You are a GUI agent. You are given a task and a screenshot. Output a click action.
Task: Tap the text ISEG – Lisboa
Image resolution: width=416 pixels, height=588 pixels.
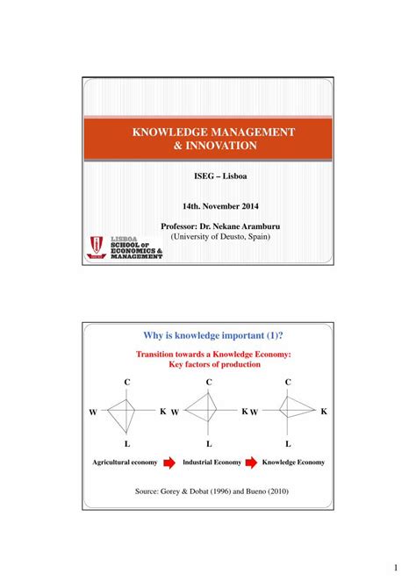click(214, 176)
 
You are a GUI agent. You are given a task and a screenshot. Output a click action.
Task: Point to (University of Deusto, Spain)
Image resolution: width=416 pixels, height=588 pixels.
click(214, 237)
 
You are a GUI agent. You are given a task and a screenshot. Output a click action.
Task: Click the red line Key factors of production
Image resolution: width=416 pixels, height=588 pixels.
click(214, 363)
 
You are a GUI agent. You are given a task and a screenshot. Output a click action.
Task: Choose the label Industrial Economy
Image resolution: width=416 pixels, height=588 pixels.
click(212, 462)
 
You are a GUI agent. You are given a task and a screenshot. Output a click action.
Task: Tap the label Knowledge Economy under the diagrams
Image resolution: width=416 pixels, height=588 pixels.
click(293, 462)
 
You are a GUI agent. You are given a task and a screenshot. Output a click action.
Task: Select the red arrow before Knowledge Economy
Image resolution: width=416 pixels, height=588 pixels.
click(252, 462)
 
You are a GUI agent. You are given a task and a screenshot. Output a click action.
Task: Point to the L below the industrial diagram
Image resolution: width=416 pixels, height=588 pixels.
click(209, 444)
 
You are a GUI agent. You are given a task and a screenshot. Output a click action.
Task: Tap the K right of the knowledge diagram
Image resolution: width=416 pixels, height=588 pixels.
click(324, 411)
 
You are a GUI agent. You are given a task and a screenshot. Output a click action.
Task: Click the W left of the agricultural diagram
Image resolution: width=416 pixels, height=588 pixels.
click(93, 412)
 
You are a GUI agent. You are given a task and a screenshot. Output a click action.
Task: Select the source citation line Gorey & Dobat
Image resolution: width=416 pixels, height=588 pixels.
click(211, 492)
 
